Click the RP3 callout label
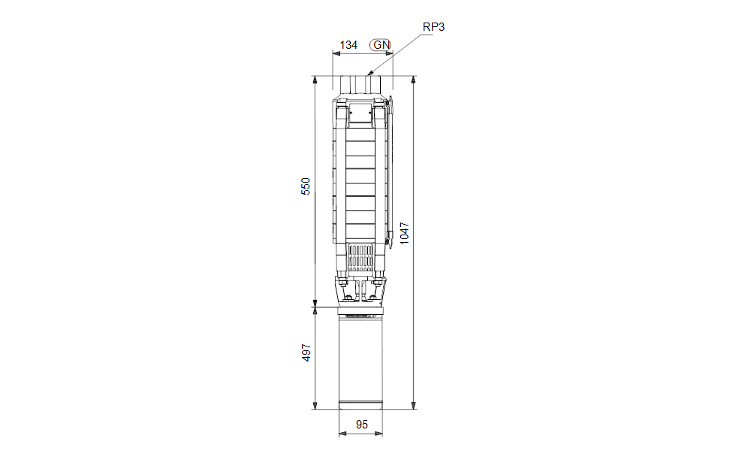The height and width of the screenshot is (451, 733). (x=433, y=27)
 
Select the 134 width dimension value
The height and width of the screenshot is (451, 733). (x=348, y=45)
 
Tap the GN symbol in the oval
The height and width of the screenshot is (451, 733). (x=382, y=45)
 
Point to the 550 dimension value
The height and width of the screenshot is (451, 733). (x=305, y=186)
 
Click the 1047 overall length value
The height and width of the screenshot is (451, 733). (x=404, y=233)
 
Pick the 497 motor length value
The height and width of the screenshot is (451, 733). (x=306, y=353)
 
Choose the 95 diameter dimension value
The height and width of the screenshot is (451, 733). (x=362, y=425)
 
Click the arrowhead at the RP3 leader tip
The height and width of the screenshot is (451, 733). (x=371, y=72)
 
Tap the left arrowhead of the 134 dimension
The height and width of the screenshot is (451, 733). (x=336, y=53)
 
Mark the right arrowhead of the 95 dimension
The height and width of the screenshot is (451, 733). (x=379, y=434)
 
